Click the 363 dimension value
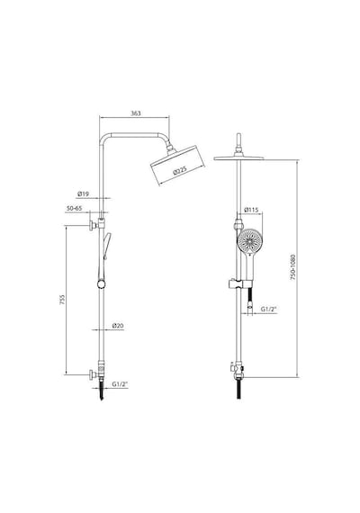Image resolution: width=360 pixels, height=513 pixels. (136, 113)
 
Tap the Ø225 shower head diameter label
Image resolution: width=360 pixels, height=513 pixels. (180, 171)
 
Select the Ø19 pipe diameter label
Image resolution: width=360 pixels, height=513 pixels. (83, 194)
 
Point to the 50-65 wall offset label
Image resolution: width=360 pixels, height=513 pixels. (75, 208)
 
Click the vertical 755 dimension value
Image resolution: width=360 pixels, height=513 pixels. (62, 300)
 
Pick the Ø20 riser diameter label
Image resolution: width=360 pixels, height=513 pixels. (118, 326)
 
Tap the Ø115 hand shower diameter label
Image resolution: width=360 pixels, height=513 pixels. (252, 210)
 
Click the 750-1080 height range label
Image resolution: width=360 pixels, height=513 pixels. (292, 266)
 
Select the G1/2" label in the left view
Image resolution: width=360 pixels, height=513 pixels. (120, 384)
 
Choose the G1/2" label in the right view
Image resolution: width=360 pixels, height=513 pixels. (269, 309)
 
